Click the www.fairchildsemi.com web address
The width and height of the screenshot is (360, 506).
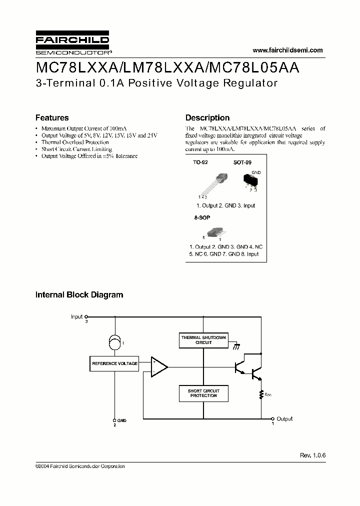(287, 50)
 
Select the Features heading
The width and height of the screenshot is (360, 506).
(52, 118)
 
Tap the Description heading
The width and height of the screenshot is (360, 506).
(207, 118)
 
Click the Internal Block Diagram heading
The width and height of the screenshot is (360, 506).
(79, 295)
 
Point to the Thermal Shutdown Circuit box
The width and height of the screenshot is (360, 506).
(203, 340)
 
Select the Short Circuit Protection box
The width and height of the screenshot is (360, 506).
(203, 393)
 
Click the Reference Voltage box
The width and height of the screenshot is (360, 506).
(114, 363)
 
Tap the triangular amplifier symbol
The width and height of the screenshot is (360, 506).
(159, 367)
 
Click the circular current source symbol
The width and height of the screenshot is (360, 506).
(115, 343)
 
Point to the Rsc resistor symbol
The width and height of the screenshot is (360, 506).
(261, 394)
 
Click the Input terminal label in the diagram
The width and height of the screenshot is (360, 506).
(76, 316)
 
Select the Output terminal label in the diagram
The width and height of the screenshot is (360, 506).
(284, 418)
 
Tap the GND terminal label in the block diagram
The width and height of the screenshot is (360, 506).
(121, 420)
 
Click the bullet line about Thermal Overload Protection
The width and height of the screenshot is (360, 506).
(75, 142)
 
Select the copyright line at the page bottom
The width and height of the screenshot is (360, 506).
(80, 466)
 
